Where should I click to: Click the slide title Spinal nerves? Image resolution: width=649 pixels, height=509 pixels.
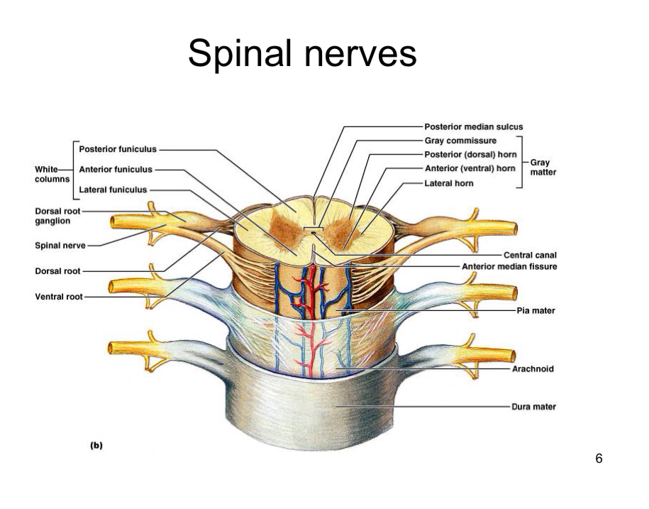point(302,54)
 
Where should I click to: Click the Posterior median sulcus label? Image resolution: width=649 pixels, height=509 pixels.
point(473,127)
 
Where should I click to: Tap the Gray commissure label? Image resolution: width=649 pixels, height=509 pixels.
point(460,141)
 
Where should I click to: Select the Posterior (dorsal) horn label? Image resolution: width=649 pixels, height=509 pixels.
point(469,155)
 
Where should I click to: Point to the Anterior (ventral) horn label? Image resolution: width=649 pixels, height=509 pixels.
point(469,168)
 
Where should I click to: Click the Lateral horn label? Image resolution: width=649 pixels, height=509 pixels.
point(448,182)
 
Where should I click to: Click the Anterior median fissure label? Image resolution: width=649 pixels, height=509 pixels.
point(509,267)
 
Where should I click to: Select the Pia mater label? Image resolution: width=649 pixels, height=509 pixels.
point(536,310)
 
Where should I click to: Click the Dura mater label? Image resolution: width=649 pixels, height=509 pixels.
point(533,407)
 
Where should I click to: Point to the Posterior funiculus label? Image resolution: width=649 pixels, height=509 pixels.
point(118,150)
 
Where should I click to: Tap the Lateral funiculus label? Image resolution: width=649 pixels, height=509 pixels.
point(113,190)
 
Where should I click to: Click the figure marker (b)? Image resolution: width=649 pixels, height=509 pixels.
point(96,446)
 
